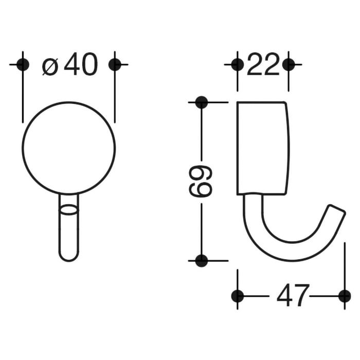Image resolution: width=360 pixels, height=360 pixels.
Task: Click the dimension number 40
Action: point(81,65)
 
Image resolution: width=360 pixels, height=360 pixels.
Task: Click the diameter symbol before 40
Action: point(50,66)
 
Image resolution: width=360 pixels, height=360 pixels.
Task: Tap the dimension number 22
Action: point(263,65)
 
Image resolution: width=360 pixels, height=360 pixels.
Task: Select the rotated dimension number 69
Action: point(201,181)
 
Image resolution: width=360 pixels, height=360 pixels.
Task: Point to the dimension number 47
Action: point(293,296)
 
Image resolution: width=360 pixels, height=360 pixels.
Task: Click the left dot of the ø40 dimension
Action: point(23,64)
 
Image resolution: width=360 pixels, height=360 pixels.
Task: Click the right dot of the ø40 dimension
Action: point(115,64)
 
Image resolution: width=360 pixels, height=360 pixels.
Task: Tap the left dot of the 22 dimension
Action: point(237,64)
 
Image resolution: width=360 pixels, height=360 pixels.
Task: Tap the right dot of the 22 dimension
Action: point(289,64)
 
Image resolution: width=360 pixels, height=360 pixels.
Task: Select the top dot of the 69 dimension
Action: point(202,102)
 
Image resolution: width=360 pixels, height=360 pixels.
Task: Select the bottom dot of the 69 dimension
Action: point(202,260)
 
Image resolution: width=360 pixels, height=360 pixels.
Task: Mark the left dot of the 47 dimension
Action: point(237,296)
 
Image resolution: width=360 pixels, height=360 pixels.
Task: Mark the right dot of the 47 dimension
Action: point(344,296)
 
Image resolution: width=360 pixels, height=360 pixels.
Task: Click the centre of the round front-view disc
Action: point(68,148)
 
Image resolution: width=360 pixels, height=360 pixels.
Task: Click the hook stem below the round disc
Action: point(68,231)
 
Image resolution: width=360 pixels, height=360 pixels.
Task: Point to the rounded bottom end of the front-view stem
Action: point(68,257)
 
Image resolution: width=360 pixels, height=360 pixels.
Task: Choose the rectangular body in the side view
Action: point(262,148)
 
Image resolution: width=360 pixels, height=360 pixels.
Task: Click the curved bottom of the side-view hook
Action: point(288,252)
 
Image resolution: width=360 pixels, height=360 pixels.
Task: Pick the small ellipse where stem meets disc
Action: point(68,209)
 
